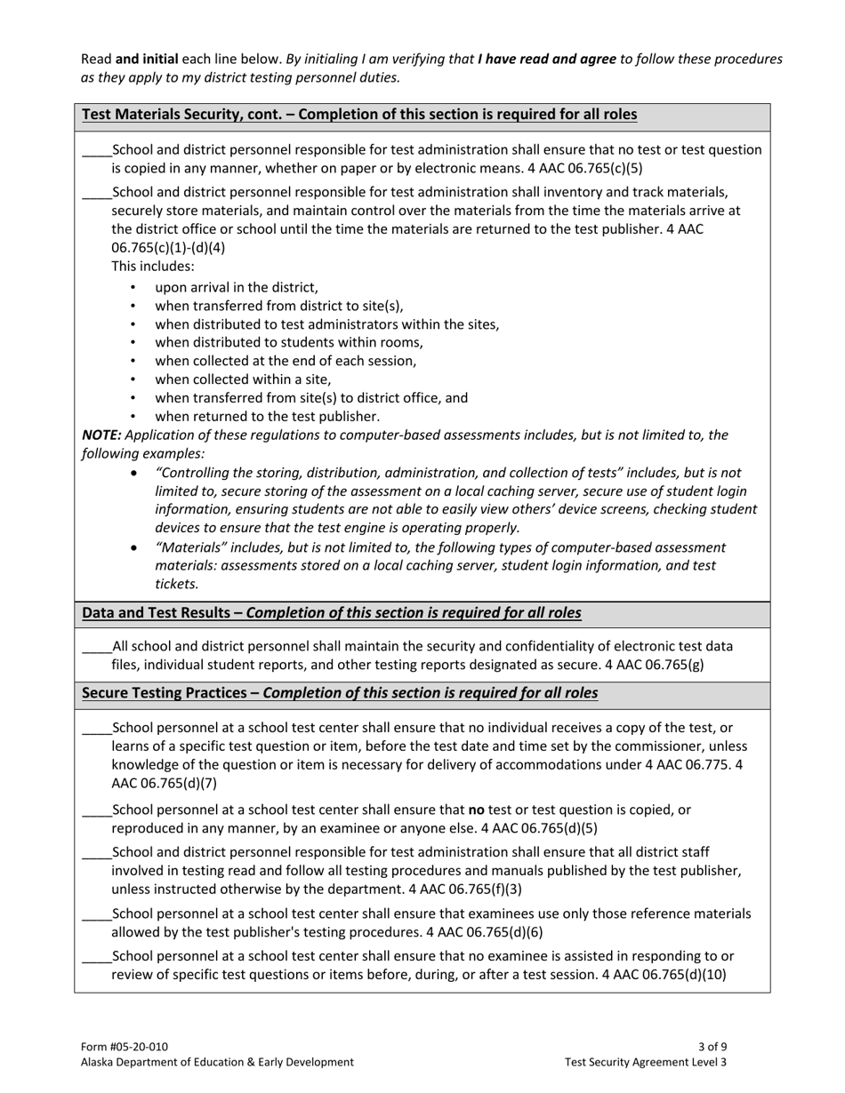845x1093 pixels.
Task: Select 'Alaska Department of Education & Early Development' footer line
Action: point(217,1062)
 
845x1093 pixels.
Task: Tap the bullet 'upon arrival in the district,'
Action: point(236,288)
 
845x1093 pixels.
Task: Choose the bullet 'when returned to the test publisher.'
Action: point(267,417)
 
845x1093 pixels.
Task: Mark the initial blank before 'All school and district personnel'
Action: point(96,647)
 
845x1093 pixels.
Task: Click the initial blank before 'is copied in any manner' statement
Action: point(96,150)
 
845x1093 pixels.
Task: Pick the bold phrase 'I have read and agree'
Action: point(546,60)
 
